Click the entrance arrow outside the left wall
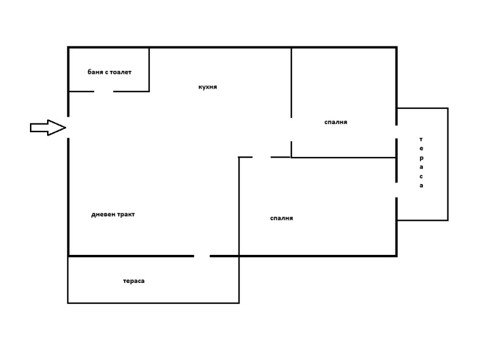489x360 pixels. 48,127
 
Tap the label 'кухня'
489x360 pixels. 208,87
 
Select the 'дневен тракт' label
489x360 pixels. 112,215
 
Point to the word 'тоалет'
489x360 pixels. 120,72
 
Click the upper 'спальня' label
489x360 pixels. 336,122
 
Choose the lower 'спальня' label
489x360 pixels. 281,218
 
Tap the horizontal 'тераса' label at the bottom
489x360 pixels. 134,281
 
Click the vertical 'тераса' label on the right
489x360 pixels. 421,163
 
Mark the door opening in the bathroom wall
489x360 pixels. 104,92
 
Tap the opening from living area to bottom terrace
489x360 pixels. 202,255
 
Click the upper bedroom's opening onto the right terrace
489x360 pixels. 397,131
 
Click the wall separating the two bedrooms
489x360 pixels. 342,158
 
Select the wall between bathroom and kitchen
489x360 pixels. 149,69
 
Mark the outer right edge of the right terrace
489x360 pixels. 448,164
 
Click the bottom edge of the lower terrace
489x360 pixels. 153,303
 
